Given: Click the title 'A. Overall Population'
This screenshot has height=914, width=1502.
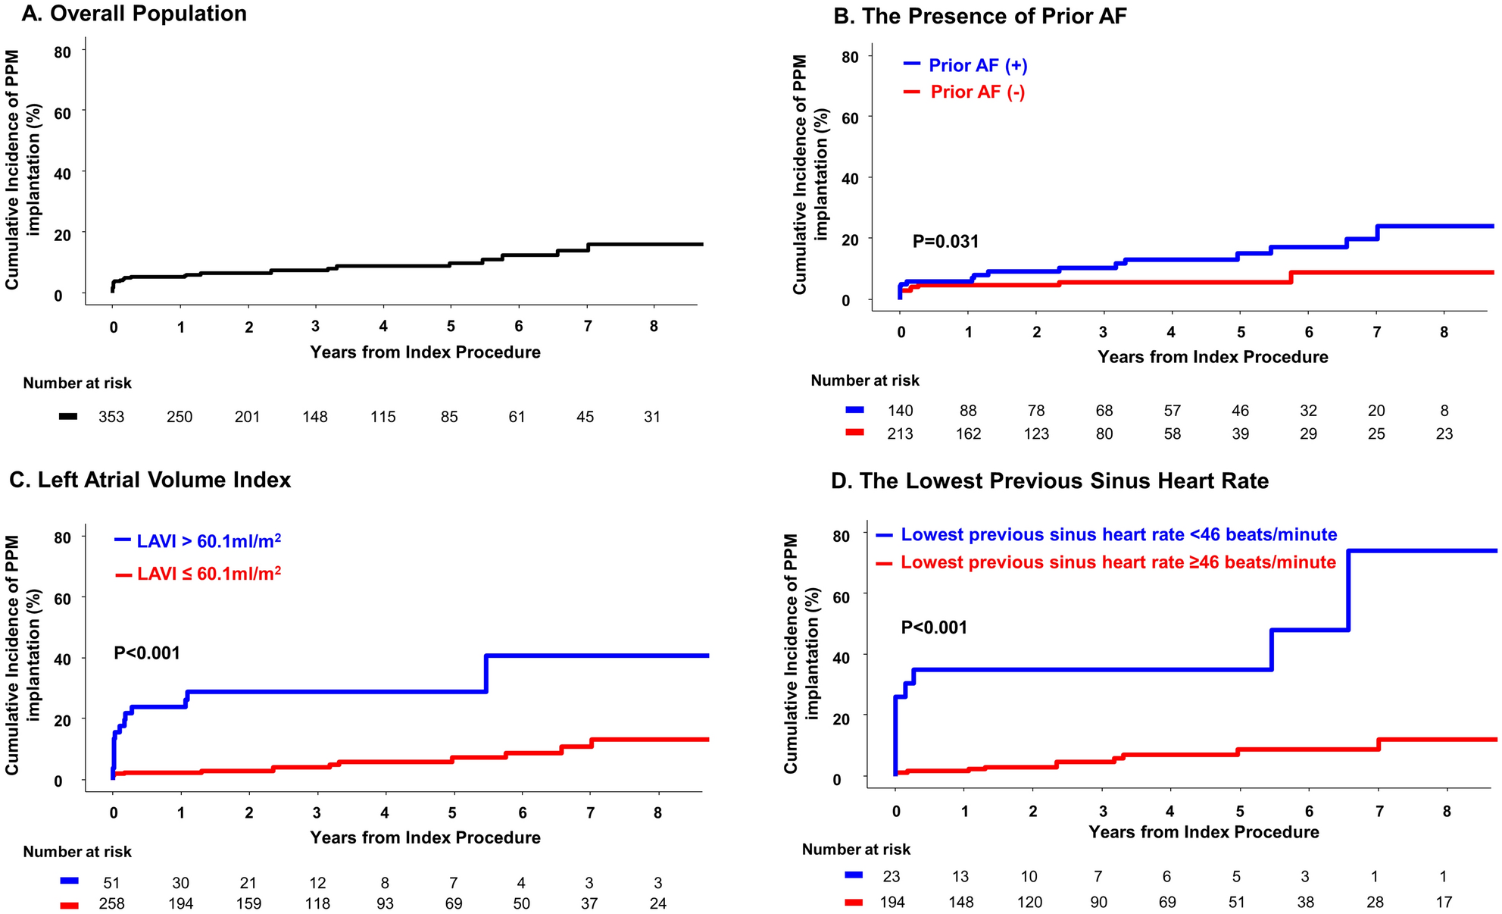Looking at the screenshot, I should click(x=134, y=14).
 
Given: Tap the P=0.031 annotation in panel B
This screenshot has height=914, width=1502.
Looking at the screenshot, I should click(x=945, y=242).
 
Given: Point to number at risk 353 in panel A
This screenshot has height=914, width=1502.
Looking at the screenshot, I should click(x=111, y=417).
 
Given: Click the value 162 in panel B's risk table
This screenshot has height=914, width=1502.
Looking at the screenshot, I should click(x=968, y=434).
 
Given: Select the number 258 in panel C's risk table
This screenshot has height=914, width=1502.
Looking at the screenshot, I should click(x=111, y=903).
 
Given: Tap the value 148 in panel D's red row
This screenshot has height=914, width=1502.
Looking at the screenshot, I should click(x=961, y=903).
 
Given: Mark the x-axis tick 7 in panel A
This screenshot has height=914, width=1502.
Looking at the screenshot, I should click(x=587, y=327).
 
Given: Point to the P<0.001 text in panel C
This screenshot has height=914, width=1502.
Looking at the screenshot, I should click(x=147, y=653).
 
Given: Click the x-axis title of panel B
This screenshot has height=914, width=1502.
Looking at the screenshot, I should click(x=1213, y=357).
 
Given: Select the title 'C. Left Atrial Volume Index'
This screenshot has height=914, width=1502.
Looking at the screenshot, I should click(x=150, y=480).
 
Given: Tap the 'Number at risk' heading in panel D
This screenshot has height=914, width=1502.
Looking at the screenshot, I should click(x=856, y=850).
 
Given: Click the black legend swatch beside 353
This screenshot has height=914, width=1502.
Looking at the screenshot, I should click(x=69, y=417).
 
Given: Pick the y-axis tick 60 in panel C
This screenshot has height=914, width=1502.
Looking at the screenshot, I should click(x=61, y=599).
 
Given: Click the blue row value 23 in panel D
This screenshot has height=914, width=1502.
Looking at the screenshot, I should click(x=892, y=877).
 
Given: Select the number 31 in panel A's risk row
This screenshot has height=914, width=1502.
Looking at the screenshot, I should click(x=652, y=417).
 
